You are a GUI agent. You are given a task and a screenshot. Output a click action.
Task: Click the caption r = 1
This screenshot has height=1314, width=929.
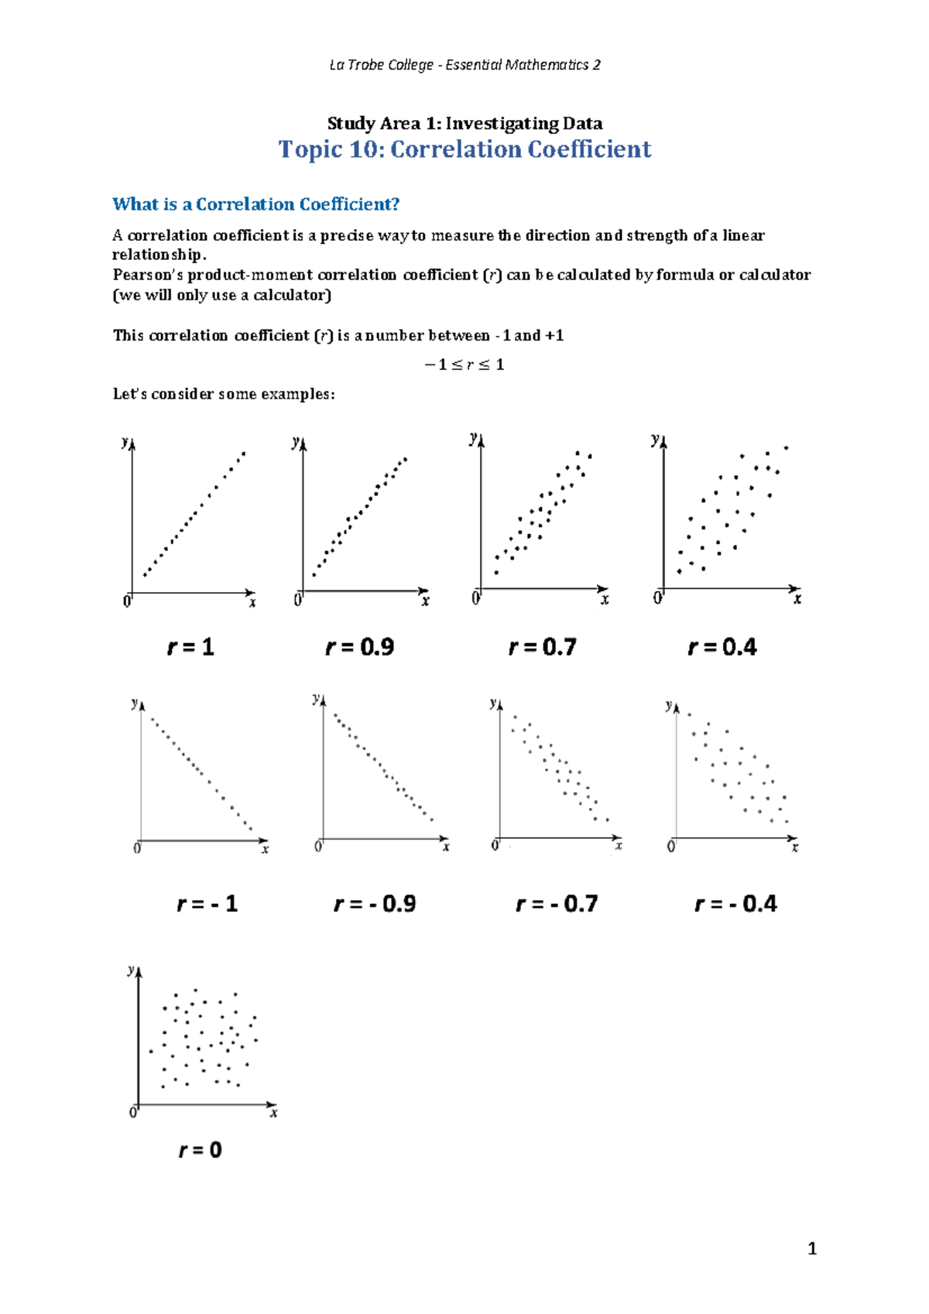click(x=190, y=647)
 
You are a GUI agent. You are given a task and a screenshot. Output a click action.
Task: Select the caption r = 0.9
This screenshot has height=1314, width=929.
click(x=360, y=647)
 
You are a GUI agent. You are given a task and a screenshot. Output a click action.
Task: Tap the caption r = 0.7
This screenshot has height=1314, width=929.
click(x=543, y=647)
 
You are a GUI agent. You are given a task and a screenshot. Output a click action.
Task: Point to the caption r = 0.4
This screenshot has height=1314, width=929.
click(x=722, y=647)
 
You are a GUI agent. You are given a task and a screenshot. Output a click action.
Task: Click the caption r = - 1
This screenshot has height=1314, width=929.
click(x=207, y=904)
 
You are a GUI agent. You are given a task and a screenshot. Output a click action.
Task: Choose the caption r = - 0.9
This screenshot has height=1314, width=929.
click(x=375, y=904)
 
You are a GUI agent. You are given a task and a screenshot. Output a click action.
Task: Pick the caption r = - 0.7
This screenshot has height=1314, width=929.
click(x=557, y=904)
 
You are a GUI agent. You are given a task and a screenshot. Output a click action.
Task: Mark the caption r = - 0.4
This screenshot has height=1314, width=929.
click(x=736, y=904)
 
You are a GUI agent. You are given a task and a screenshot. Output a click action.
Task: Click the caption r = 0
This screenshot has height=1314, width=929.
click(x=201, y=1150)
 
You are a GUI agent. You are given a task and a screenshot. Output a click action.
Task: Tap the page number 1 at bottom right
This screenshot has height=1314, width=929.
click(x=812, y=1249)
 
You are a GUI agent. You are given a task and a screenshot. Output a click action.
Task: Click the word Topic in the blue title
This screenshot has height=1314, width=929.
click(x=310, y=149)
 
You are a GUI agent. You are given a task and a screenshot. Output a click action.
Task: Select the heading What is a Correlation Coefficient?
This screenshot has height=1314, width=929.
click(x=256, y=204)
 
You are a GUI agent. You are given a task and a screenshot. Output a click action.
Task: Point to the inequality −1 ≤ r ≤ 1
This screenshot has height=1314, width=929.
click(x=464, y=364)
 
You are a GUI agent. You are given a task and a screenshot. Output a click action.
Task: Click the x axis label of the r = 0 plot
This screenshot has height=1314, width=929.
click(x=273, y=1114)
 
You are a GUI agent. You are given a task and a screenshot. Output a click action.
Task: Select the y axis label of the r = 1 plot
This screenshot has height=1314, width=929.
click(x=125, y=443)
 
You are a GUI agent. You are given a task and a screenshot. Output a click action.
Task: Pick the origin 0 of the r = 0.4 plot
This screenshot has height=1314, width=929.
click(x=658, y=598)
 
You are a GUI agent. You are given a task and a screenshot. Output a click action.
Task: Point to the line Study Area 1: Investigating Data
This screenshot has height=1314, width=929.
click(x=464, y=124)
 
